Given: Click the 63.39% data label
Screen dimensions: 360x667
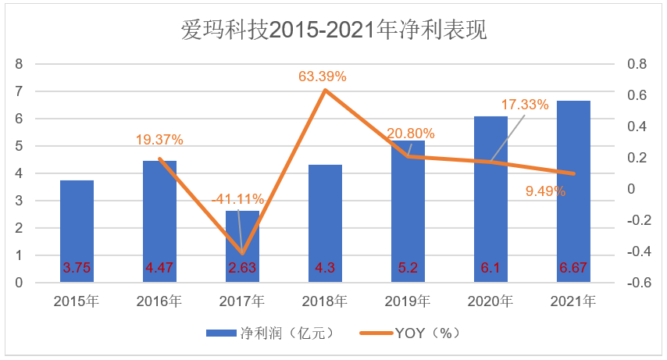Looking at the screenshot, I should tap(323, 77).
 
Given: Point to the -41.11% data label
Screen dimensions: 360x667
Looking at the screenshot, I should tap(237, 199).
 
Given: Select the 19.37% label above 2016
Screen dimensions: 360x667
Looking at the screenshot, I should tap(159, 140).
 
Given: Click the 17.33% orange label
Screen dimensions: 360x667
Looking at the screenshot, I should tap(525, 104).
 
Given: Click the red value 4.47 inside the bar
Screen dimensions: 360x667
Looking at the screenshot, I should tap(159, 268).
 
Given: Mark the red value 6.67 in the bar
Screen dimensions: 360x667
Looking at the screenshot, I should tap(573, 268).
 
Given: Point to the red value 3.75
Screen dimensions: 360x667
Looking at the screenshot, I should tap(77, 268).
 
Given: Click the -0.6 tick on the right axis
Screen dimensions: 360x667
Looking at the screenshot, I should tap(640, 283).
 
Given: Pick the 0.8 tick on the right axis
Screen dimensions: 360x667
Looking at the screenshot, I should tap(638, 64).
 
